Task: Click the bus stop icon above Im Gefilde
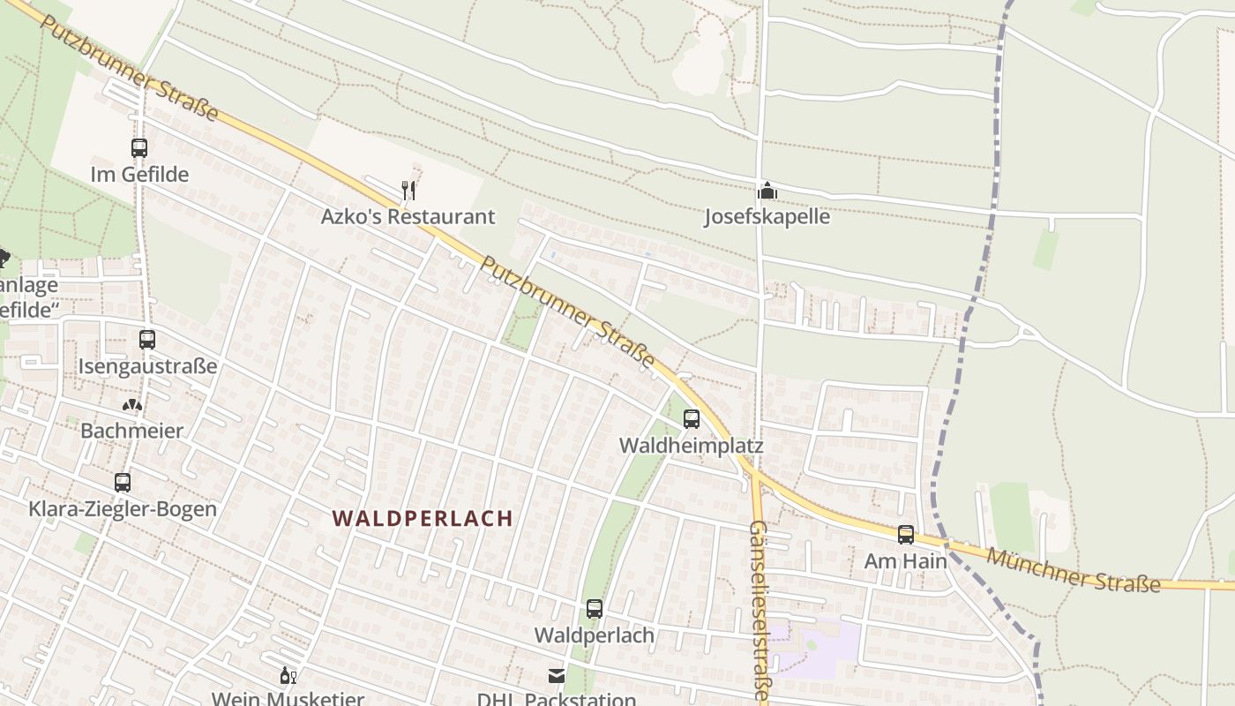(x=139, y=147)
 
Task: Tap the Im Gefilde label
(x=139, y=174)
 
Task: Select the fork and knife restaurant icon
(x=408, y=190)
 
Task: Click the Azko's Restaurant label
(x=408, y=216)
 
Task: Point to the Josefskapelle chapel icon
(x=767, y=191)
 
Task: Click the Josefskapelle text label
(x=767, y=216)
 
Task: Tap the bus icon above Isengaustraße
(x=147, y=339)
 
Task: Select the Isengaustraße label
(x=147, y=365)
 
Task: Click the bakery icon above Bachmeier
(x=132, y=405)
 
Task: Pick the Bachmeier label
(x=132, y=431)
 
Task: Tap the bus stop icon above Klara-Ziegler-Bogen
(x=123, y=483)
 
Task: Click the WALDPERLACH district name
(x=423, y=518)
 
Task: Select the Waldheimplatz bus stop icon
(x=692, y=419)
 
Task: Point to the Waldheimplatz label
(x=691, y=445)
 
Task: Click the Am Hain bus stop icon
(x=906, y=534)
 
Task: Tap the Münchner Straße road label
(x=1073, y=569)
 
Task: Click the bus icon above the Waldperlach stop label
(x=595, y=609)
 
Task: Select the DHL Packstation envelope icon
(x=557, y=676)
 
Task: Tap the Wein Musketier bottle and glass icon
(x=288, y=677)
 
